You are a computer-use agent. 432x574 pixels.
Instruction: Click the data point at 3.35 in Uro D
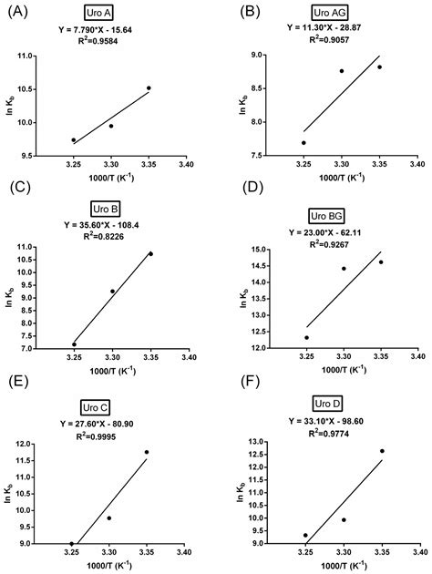click(x=382, y=451)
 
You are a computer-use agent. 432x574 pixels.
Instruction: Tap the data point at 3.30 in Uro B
click(x=112, y=292)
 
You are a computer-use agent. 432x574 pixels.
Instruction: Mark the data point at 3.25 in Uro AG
click(x=303, y=142)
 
